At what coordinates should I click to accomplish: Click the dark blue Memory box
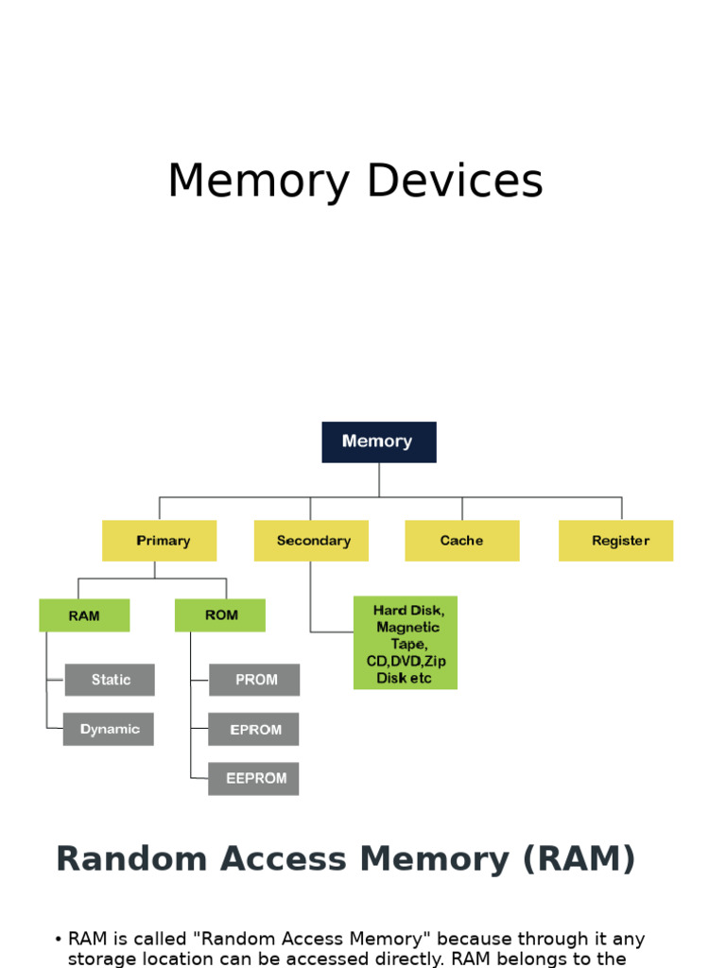coord(378,441)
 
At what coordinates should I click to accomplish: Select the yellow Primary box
coord(159,541)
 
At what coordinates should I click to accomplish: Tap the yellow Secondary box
coord(311,541)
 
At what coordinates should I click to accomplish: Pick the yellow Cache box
coord(461,541)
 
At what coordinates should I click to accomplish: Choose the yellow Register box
coord(615,541)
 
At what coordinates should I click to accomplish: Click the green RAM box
coord(84,615)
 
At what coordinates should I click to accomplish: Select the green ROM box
coord(220,615)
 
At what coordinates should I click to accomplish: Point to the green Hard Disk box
coord(406,643)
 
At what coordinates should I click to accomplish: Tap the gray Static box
coord(110,680)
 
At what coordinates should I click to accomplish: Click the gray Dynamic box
coord(109,729)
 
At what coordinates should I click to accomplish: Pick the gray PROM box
coord(254,680)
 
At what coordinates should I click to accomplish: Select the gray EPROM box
coord(254,729)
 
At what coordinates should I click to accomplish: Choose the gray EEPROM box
coord(254,779)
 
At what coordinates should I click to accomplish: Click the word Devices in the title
coord(455,181)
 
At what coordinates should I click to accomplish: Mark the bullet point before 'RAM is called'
coord(59,940)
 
